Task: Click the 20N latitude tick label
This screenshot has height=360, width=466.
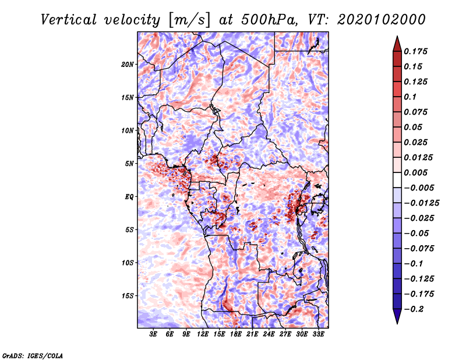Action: click(x=128, y=65)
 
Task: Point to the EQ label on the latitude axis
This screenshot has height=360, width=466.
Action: click(x=129, y=197)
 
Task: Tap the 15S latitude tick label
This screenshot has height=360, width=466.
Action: click(x=128, y=296)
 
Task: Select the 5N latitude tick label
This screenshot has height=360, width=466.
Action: click(x=129, y=164)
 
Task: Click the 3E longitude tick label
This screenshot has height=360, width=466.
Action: click(x=153, y=334)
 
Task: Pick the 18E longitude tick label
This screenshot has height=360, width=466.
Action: click(x=236, y=334)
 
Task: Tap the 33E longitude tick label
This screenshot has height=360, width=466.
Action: click(x=318, y=334)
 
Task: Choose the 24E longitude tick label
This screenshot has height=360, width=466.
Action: click(x=269, y=334)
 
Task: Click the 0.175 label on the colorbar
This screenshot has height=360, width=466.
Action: click(x=415, y=51)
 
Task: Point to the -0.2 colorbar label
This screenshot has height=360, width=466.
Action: click(x=414, y=309)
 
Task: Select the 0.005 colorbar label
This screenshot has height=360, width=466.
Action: click(x=415, y=172)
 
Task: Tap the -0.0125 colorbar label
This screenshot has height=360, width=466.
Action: click(x=421, y=203)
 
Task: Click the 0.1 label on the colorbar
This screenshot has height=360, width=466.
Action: click(x=410, y=97)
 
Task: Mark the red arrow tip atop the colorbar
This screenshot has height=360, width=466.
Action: click(x=397, y=37)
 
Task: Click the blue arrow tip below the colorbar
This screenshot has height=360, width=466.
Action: click(x=397, y=323)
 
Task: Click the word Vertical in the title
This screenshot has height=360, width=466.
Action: click(x=69, y=20)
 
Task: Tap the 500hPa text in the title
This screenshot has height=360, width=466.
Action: click(x=269, y=20)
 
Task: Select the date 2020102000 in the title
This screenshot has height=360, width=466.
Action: click(x=382, y=20)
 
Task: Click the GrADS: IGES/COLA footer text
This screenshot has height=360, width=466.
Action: click(x=33, y=355)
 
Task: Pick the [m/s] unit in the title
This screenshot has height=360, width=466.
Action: click(x=189, y=20)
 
